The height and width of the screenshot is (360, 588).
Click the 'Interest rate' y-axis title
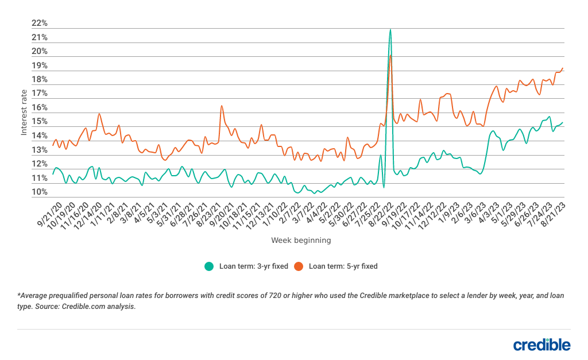click(24, 112)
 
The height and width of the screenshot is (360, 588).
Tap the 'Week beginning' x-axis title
click(301, 241)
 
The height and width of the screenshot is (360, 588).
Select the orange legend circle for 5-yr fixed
click(299, 266)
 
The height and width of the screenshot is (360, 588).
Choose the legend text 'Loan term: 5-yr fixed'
click(343, 266)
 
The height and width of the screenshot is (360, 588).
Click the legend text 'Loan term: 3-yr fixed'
click(253, 266)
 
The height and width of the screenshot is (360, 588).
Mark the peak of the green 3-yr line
click(390, 29)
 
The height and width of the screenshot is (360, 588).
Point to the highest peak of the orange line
click(391, 55)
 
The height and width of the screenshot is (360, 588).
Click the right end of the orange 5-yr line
click(563, 68)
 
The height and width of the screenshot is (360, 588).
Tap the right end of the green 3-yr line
click(563, 122)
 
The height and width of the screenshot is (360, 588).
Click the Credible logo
click(541, 344)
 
